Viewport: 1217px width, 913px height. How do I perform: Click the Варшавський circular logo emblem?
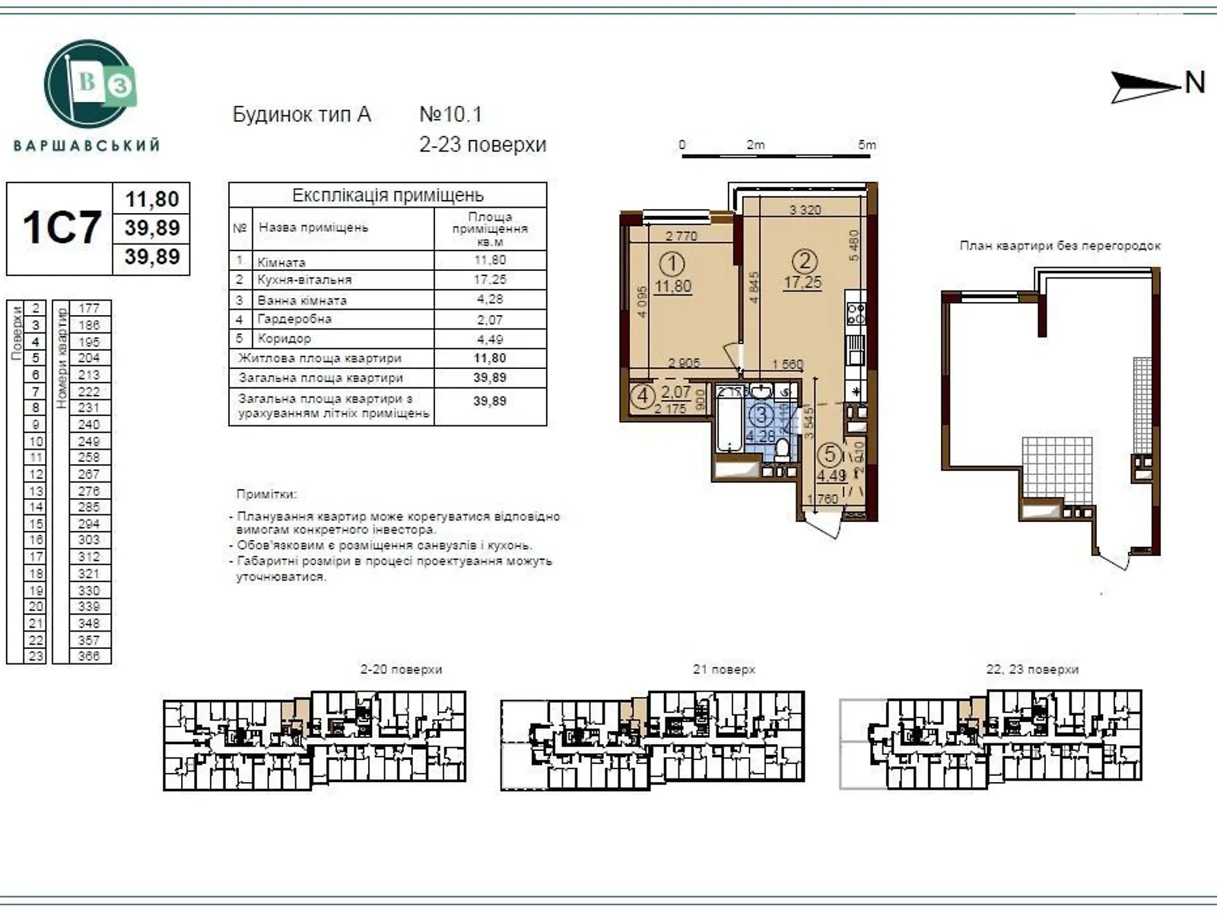pyautogui.click(x=91, y=84)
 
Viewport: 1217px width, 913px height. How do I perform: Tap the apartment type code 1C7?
pyautogui.click(x=62, y=227)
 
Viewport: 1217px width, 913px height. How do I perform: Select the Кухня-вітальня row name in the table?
pyautogui.click(x=304, y=280)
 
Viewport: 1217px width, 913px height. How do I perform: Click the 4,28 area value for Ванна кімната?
pyautogui.click(x=490, y=299)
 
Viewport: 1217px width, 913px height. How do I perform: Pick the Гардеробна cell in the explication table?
pyautogui.click(x=294, y=319)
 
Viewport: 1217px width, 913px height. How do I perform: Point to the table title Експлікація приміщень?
pyautogui.click(x=388, y=195)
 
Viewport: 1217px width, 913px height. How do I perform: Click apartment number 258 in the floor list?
pyautogui.click(x=88, y=457)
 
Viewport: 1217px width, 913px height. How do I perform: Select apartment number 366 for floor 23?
pyautogui.click(x=88, y=656)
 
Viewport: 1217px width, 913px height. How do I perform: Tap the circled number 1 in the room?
pyautogui.click(x=672, y=265)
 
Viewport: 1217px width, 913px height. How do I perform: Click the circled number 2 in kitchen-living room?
pyautogui.click(x=804, y=261)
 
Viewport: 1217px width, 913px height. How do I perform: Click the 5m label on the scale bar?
pyautogui.click(x=867, y=145)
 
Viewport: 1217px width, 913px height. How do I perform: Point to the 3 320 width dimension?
pyautogui.click(x=805, y=210)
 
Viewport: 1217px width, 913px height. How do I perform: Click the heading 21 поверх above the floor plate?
pyautogui.click(x=724, y=670)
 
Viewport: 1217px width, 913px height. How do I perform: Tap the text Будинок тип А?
pyautogui.click(x=301, y=115)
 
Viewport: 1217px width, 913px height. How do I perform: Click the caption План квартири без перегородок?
pyautogui.click(x=1060, y=246)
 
